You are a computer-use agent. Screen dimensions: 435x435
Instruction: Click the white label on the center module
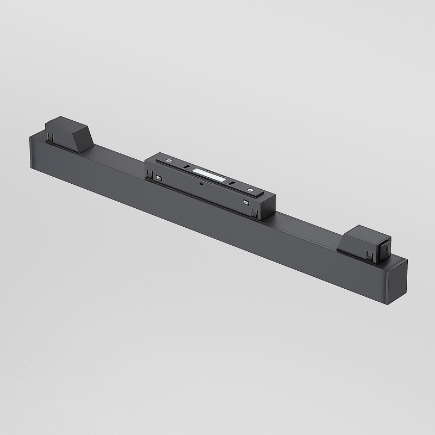coord(209,174)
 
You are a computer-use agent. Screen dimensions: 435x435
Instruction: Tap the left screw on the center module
coord(170,160)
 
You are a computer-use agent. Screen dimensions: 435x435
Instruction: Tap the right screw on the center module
coord(250,190)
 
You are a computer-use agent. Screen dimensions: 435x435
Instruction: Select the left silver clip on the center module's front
coord(158,178)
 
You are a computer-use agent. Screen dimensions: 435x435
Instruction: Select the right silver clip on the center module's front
coord(246,203)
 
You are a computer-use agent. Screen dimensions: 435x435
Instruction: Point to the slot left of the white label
coord(187,166)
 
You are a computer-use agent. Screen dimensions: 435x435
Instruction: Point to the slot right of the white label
coord(232,183)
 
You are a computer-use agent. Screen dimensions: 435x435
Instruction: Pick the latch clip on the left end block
coord(51,137)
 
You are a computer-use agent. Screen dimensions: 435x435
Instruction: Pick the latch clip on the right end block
coord(371,254)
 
